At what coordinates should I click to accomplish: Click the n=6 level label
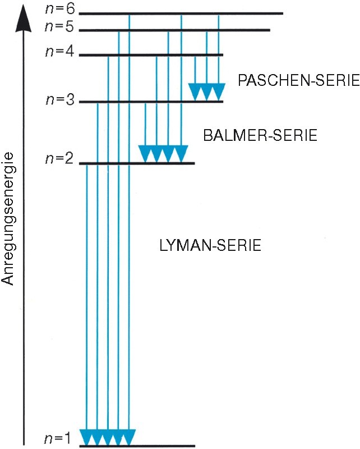pyautogui.click(x=60, y=9)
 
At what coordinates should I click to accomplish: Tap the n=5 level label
pyautogui.click(x=59, y=26)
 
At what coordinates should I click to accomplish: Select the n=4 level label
pyautogui.click(x=60, y=52)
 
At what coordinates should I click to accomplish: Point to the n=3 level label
pyautogui.click(x=60, y=100)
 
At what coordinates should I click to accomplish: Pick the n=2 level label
pyautogui.click(x=59, y=158)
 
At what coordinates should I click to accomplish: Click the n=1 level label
pyautogui.click(x=57, y=438)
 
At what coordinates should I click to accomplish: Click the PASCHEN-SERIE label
pyautogui.click(x=298, y=80)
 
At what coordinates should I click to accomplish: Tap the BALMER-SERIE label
pyautogui.click(x=260, y=135)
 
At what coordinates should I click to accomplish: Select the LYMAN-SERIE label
pyautogui.click(x=210, y=245)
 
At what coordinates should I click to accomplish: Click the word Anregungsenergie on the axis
pyautogui.click(x=7, y=219)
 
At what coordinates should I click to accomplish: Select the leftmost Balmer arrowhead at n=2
pyautogui.click(x=145, y=153)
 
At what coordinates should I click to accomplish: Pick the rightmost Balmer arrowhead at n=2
pyautogui.click(x=181, y=153)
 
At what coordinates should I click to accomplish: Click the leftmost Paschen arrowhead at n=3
pyautogui.click(x=195, y=92)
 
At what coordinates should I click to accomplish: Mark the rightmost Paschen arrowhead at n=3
pyautogui.click(x=219, y=92)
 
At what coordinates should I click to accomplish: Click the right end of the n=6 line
pyautogui.click(x=283, y=13)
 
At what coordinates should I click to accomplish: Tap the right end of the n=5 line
pyautogui.click(x=270, y=30)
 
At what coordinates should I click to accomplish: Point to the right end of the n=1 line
pyautogui.click(x=195, y=446)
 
